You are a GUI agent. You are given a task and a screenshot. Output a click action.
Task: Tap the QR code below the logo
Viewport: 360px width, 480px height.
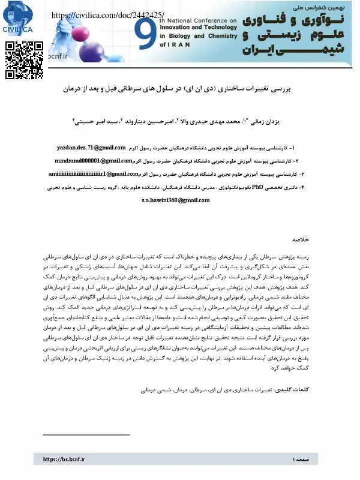click(x=24, y=59)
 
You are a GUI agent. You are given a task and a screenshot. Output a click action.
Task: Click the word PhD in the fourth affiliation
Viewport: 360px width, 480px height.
click(x=257, y=187)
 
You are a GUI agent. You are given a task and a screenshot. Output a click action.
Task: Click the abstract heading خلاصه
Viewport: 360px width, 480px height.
click(x=300, y=239)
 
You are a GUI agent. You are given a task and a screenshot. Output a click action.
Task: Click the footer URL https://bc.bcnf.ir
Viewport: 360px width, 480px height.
click(x=64, y=459)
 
